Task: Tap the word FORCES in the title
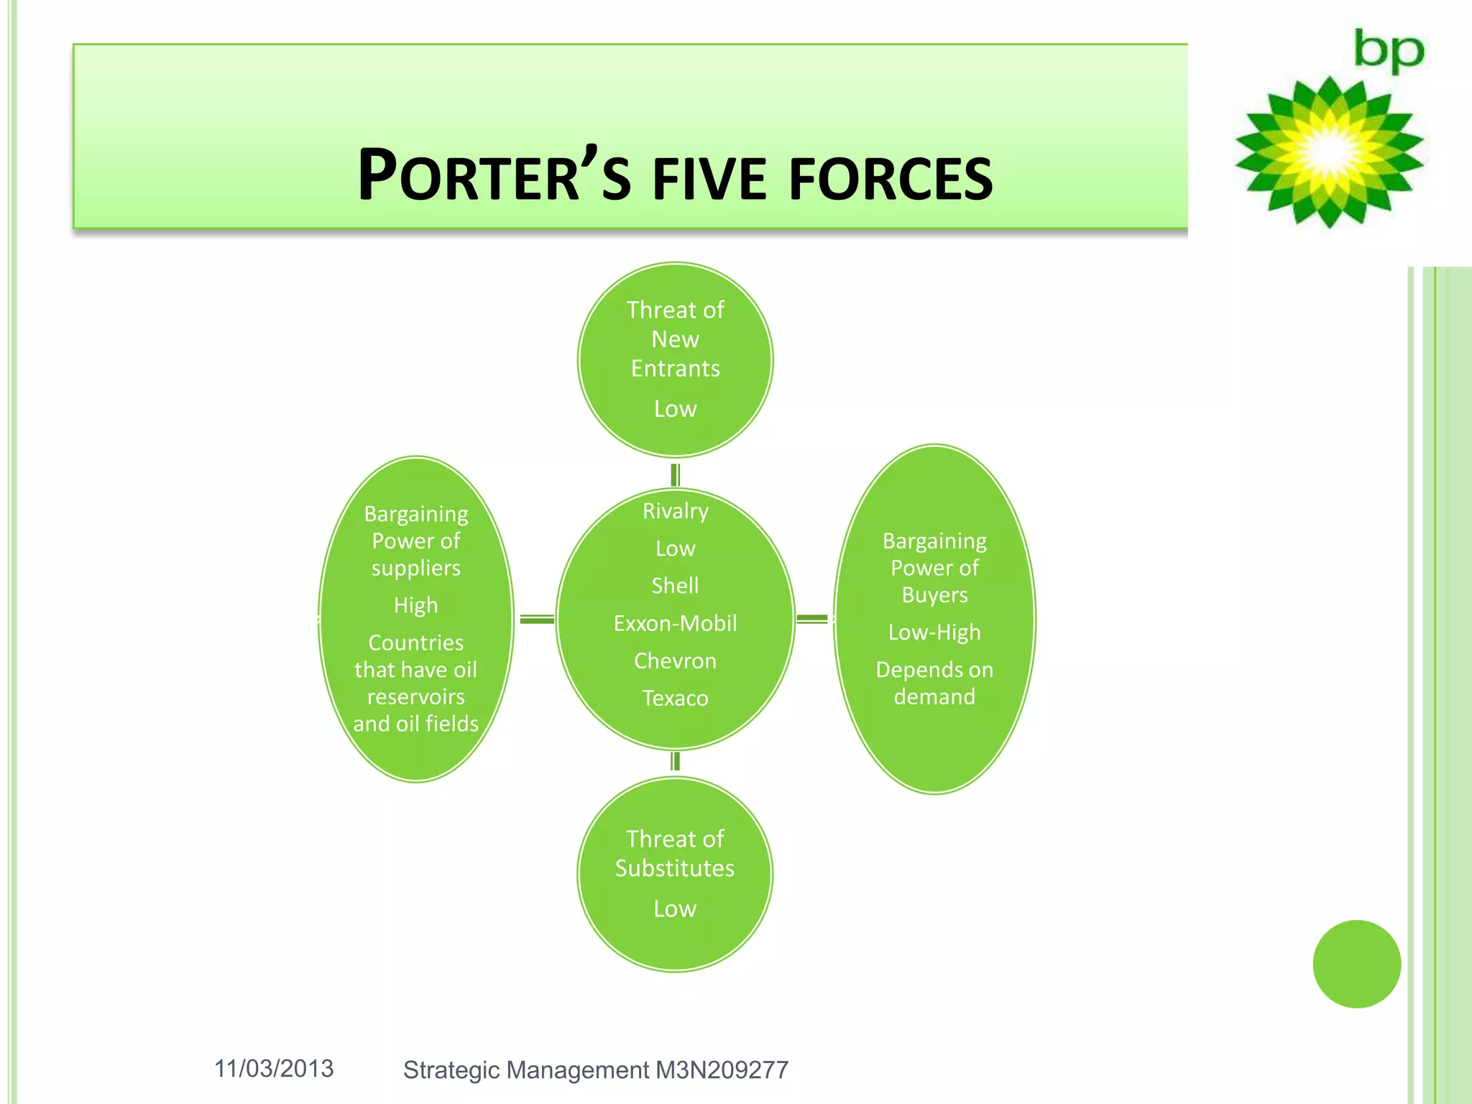[891, 178]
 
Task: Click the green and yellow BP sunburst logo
[1329, 152]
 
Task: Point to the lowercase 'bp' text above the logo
[1389, 51]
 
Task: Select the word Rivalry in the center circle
[675, 511]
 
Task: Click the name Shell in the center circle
[675, 586]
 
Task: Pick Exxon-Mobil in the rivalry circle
[675, 623]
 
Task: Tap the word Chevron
[675, 661]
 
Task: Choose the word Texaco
[675, 698]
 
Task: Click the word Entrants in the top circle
[675, 369]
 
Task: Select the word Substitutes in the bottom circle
[675, 868]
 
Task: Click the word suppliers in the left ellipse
[415, 568]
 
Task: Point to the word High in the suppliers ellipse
[415, 605]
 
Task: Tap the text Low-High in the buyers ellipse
[934, 632]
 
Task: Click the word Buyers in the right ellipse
[934, 595]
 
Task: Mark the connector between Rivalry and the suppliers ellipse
[536, 619]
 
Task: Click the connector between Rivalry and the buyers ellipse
[812, 619]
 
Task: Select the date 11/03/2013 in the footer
[274, 1069]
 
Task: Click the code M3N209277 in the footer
[722, 1070]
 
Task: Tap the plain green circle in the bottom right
[1356, 964]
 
